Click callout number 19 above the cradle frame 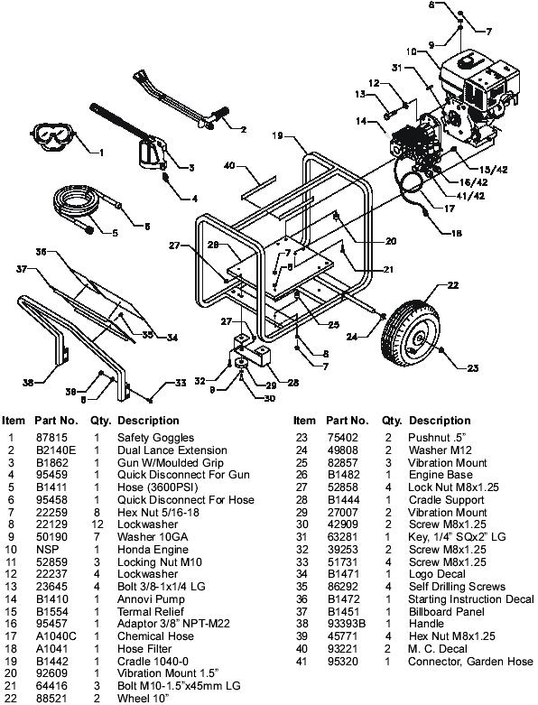pos(275,135)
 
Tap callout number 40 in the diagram pos(229,166)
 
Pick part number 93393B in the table pos(346,623)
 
